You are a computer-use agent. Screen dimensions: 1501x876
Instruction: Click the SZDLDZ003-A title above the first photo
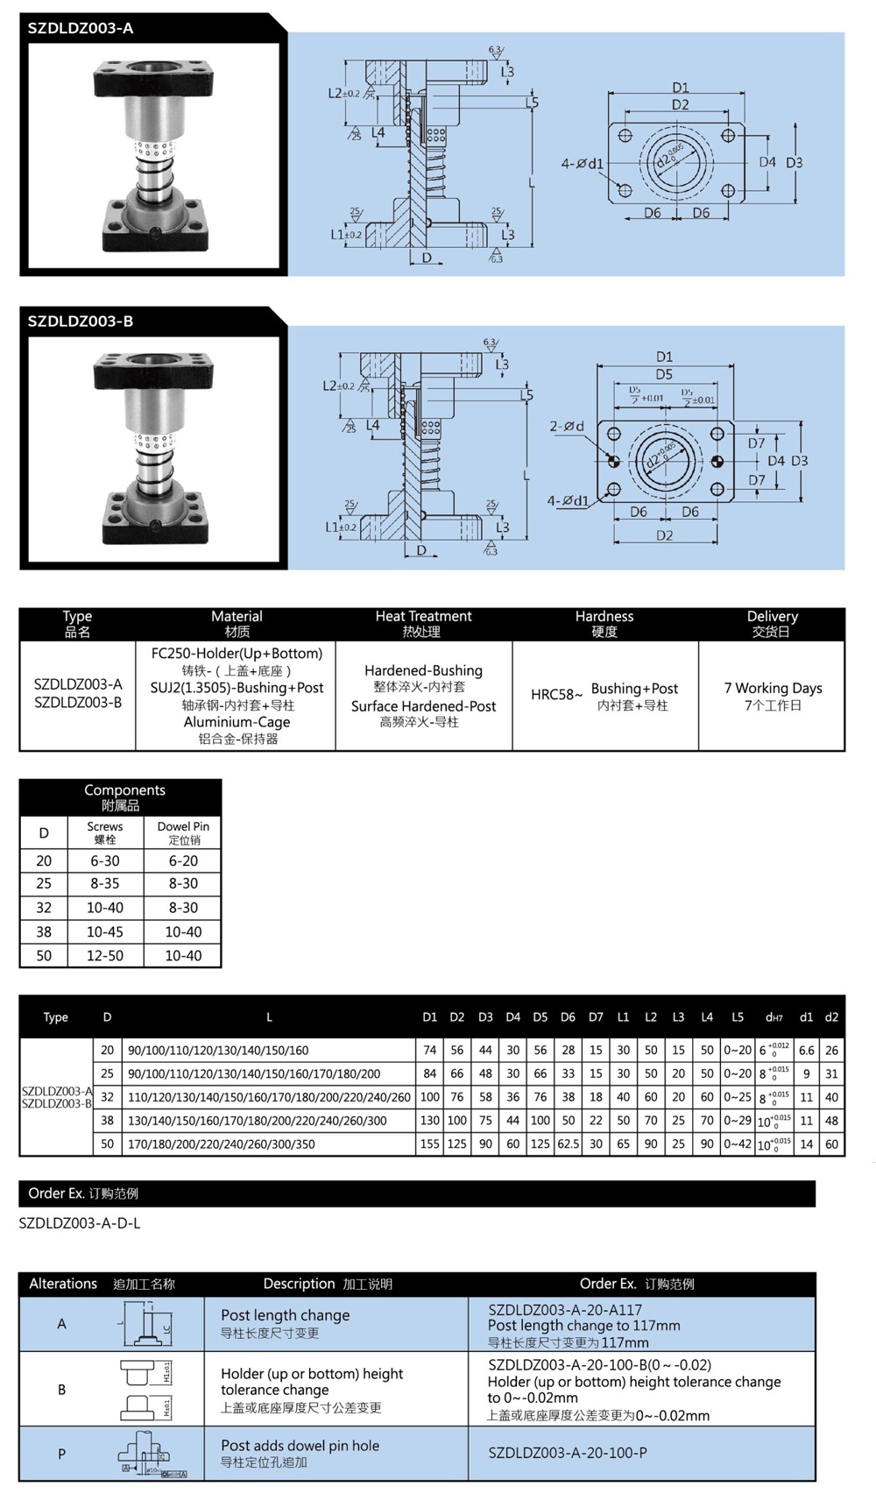coord(81,28)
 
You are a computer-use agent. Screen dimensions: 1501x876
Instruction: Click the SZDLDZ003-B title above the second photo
coord(81,322)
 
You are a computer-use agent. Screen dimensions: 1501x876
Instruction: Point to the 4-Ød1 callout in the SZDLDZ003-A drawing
coord(583,163)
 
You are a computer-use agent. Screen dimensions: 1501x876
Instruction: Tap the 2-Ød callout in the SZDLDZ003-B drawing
coord(567,426)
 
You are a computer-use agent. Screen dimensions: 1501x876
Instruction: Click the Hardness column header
coord(604,623)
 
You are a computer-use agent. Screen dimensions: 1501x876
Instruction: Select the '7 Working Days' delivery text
coord(773,688)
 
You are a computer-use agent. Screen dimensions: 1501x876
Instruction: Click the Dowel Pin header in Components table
coord(183,832)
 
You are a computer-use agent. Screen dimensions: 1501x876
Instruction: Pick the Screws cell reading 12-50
coord(105,955)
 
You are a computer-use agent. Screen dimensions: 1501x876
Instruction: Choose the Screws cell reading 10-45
coord(105,931)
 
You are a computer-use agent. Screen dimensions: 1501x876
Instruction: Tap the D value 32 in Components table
coord(44,908)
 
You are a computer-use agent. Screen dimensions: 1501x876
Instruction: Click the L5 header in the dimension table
coord(738,1017)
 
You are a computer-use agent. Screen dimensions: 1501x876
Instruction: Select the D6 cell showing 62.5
coord(568,1143)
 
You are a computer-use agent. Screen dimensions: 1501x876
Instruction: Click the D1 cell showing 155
coord(429,1143)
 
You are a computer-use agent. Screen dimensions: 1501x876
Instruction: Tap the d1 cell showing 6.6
coord(806,1050)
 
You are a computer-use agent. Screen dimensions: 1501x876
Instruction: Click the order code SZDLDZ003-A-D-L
coord(80,1223)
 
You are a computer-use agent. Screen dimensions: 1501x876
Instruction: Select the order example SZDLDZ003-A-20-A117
coord(565,1309)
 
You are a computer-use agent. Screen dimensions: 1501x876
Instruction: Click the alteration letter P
coord(61,1454)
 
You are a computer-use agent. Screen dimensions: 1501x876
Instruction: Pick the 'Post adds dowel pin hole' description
coord(300,1446)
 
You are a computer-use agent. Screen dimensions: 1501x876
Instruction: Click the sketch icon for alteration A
coord(146,1324)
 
